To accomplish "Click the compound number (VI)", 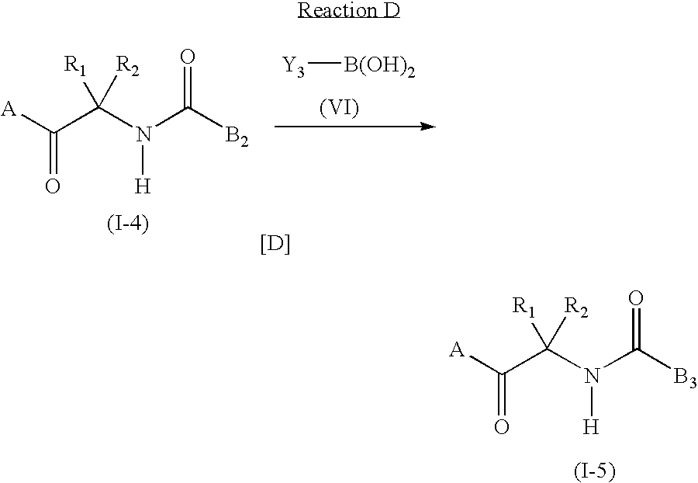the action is point(339,109).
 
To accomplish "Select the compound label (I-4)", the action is point(126,225).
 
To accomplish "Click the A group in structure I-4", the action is point(9,110).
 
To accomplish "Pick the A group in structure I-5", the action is point(457,351).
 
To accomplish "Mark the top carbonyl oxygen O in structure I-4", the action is point(186,56).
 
